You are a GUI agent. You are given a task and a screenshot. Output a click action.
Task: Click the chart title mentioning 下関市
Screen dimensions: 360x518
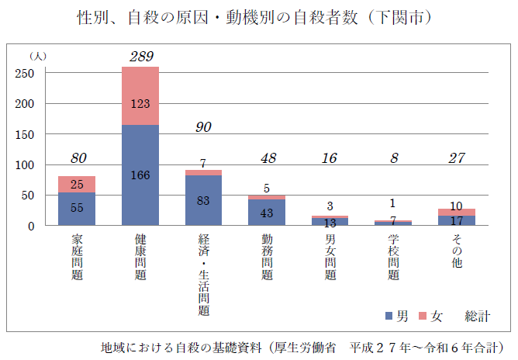259,17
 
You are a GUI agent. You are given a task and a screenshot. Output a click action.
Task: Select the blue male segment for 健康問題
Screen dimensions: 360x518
140,175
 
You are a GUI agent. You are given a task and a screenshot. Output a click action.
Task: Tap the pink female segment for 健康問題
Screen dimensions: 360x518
140,95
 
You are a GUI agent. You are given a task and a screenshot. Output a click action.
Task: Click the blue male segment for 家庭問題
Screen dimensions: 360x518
77,209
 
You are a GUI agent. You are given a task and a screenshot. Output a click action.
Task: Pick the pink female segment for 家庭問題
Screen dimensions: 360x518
77,184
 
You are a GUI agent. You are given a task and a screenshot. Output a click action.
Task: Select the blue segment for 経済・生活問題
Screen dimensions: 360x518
203,200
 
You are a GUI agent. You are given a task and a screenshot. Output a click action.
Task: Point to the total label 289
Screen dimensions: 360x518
141,57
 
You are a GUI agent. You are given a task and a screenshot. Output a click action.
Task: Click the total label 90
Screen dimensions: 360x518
203,127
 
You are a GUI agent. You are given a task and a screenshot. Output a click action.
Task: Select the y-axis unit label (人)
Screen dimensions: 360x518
37,57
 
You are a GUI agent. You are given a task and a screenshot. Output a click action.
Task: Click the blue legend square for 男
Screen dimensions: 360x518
389,317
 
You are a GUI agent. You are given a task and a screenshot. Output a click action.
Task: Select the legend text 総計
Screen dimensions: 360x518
477,317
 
